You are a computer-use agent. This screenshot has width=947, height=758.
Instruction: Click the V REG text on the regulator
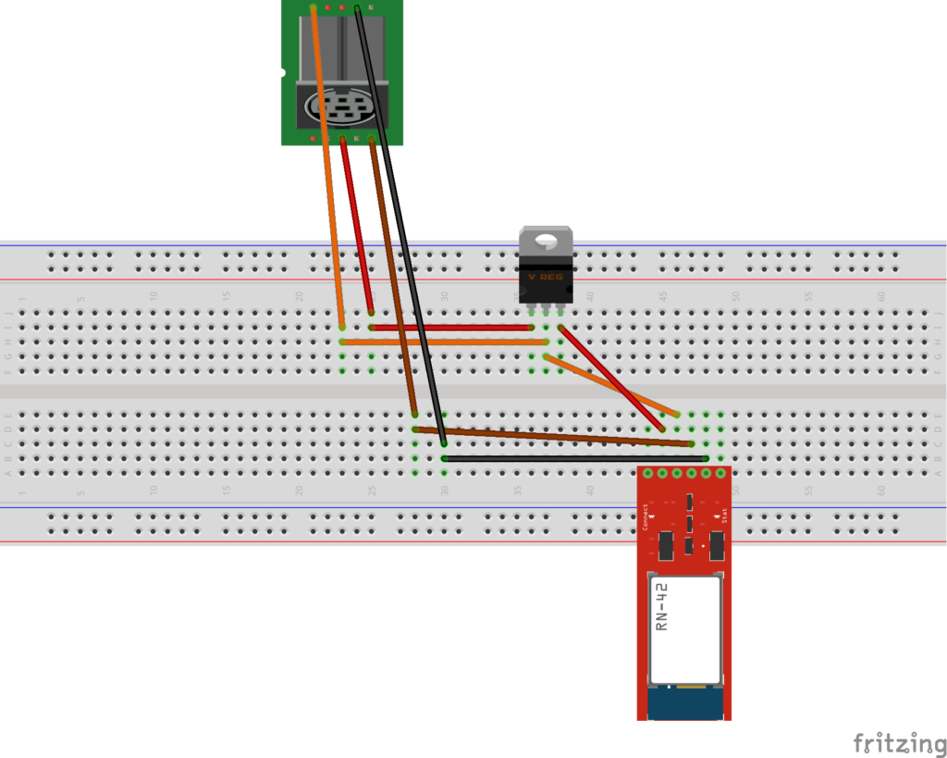pyautogui.click(x=545, y=277)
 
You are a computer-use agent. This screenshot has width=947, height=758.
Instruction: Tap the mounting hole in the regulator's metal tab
pyautogui.click(x=546, y=241)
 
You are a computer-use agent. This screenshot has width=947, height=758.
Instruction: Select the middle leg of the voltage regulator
pyautogui.click(x=546, y=306)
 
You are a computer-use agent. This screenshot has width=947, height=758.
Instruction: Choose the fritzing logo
pyautogui.click(x=892, y=742)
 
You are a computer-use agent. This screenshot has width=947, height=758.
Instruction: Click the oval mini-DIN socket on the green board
pyautogui.click(x=341, y=107)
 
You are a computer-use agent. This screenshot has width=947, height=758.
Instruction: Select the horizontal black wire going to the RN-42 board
pyautogui.click(x=573, y=458)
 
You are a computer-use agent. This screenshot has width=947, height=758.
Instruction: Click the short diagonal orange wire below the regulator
pyautogui.click(x=610, y=384)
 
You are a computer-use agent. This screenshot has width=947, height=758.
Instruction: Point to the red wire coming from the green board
pyautogui.click(x=357, y=227)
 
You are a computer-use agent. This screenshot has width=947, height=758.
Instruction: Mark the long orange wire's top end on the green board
pyautogui.click(x=314, y=9)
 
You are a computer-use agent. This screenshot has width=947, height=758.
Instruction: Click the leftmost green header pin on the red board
pyautogui.click(x=648, y=473)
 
